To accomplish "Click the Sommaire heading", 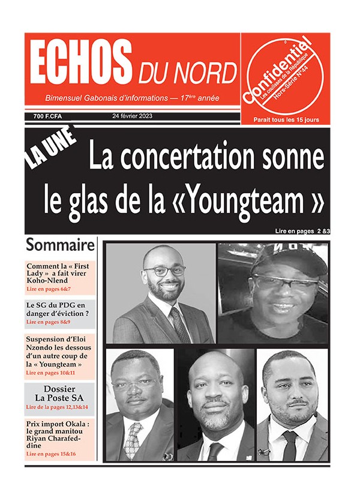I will click(x=60, y=245).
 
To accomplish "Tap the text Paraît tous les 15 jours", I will click(x=286, y=119).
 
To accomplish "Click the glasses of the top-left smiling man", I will click(x=164, y=271).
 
